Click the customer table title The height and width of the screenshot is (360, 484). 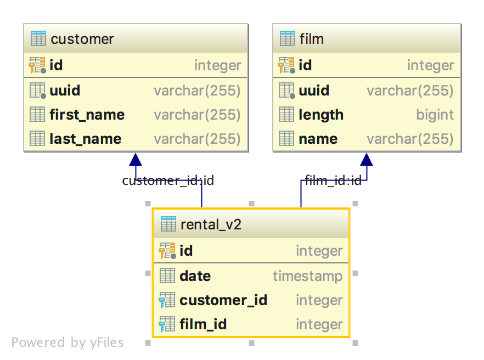coord(82,40)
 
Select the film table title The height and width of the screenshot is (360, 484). coord(311,40)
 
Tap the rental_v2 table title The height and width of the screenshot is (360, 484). coord(211,224)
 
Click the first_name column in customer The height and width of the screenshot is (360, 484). coord(87,115)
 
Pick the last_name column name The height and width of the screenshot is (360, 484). coord(85,139)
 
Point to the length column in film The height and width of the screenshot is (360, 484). coord(321,115)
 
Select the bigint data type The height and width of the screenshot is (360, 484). coord(435,115)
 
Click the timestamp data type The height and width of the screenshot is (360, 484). coord(307,276)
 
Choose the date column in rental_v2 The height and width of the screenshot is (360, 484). coord(195,276)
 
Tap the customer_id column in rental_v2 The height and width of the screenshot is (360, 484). coord(223,300)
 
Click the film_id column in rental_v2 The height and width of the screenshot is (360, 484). coord(203,324)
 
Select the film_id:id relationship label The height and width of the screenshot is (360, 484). coord(333,181)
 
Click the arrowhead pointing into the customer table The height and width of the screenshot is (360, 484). coord(136,159)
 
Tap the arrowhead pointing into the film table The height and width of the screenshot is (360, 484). coord(367,159)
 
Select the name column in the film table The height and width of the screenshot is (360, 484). coord(318,139)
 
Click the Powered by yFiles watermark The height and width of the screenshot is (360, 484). coord(67,343)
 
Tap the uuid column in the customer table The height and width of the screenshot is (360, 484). coord(65,91)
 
